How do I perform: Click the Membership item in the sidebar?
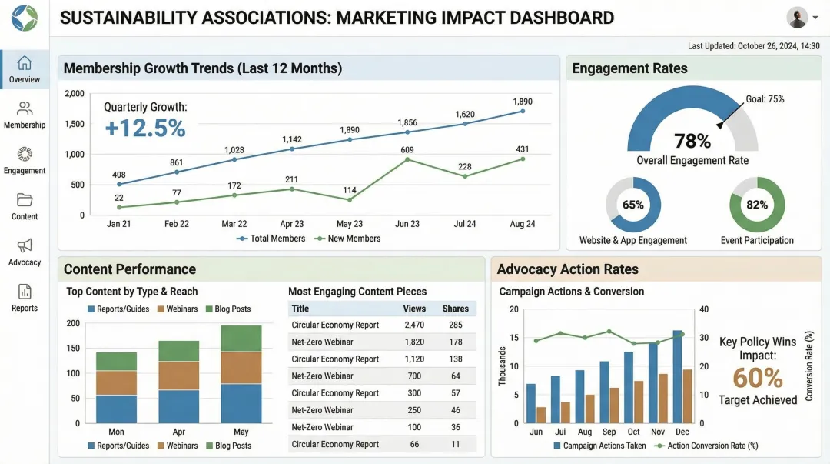coord(25,115)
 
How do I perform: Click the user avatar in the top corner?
coord(798,17)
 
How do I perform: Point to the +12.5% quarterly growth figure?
coord(145,128)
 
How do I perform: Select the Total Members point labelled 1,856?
coord(407,134)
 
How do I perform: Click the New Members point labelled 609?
coord(407,159)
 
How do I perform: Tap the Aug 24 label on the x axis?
coord(523,224)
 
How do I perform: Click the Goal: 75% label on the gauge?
coord(765,99)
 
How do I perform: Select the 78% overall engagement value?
coord(692,141)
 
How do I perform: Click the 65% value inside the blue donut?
coord(633,205)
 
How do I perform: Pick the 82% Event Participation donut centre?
coord(757,205)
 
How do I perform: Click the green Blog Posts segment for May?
coord(241,339)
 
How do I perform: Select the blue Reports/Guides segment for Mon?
coord(116,409)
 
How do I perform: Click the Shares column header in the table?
coord(456,309)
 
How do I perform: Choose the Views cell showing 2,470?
coord(414,325)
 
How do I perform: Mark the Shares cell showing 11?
coord(456,444)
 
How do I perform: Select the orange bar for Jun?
coord(541,415)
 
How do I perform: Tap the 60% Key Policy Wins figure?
coord(758,378)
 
